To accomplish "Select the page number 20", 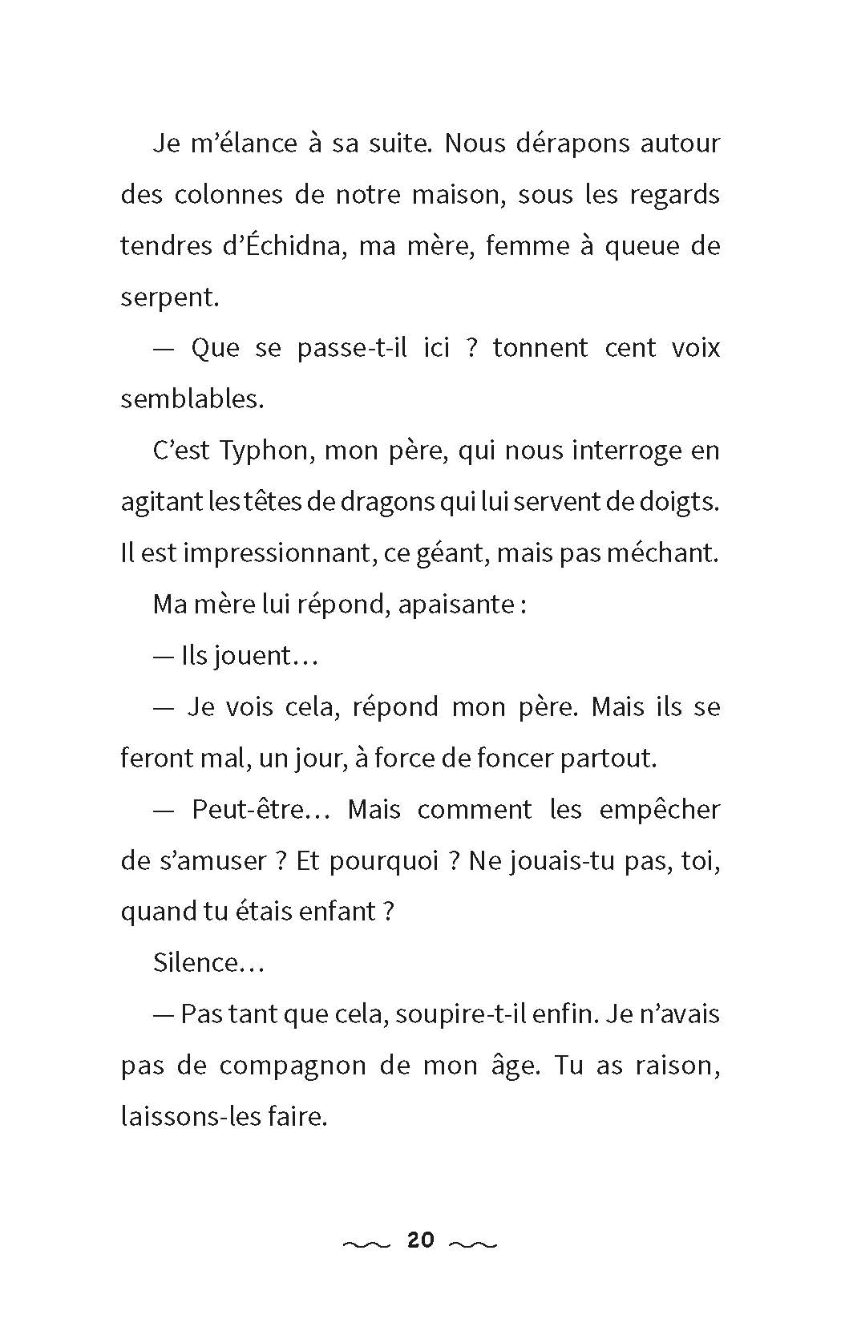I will (x=421, y=1240).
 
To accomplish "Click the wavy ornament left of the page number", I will (x=366, y=1244).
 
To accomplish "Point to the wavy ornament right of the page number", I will (x=474, y=1244).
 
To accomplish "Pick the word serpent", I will (x=168, y=298).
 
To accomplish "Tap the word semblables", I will (x=191, y=399).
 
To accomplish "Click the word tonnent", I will (x=540, y=349).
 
